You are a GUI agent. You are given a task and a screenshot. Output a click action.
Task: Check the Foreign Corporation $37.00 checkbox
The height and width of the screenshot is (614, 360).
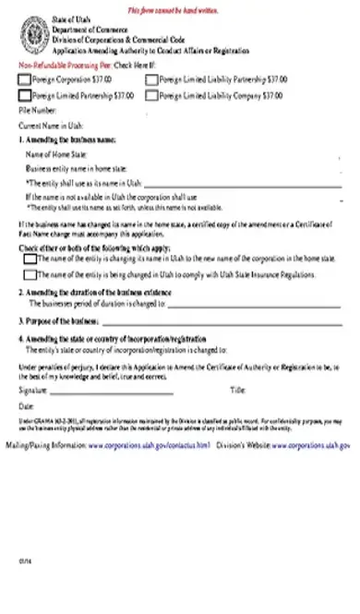click(24, 80)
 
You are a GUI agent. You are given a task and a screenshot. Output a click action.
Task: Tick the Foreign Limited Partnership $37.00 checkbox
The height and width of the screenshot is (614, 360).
click(24, 95)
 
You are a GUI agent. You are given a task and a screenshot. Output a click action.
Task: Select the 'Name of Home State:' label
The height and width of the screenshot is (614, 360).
click(55, 154)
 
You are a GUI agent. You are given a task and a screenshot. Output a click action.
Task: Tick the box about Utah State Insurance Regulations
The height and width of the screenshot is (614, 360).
click(30, 274)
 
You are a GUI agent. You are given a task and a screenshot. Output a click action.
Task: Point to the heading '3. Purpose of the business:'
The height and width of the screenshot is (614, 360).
click(58, 321)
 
